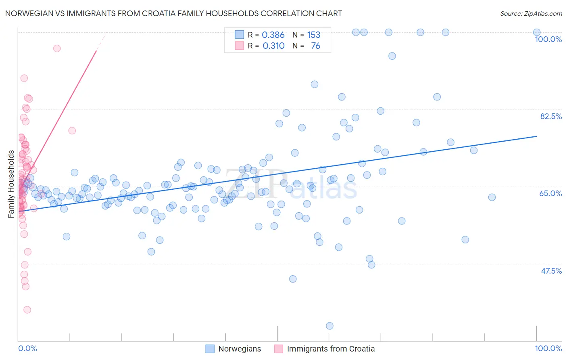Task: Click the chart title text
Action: click(x=173, y=14)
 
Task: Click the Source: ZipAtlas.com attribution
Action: click(x=531, y=14)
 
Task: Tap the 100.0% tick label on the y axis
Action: click(x=548, y=39)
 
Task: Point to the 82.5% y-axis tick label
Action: click(x=551, y=116)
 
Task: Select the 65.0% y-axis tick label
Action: click(x=550, y=193)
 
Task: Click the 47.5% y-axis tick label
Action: click(x=551, y=271)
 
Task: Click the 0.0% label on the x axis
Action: click(x=27, y=348)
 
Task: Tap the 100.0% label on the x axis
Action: click(x=548, y=348)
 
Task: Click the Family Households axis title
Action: click(x=11, y=184)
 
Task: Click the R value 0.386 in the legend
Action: click(x=273, y=35)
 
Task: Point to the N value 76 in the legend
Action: click(x=315, y=46)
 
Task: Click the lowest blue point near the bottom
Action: click(x=329, y=326)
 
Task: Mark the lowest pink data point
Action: click(x=27, y=310)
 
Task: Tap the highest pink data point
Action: click(x=57, y=48)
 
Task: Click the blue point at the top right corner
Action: click(x=537, y=32)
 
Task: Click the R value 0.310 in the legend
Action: click(x=273, y=46)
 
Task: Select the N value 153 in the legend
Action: click(x=313, y=35)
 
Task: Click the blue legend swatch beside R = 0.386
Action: click(x=240, y=35)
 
